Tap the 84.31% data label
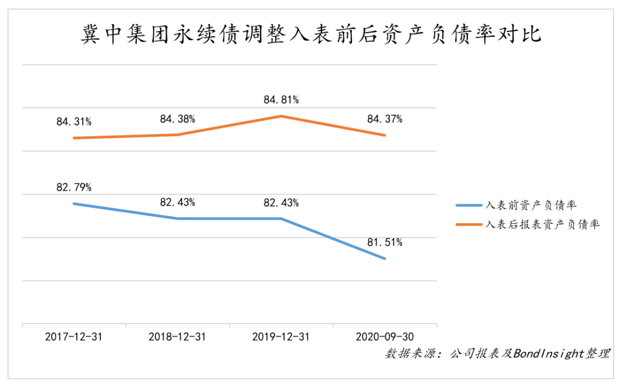[74, 122]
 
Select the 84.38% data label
[177, 119]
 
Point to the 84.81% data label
[281, 100]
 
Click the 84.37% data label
[385, 119]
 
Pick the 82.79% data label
[74, 187]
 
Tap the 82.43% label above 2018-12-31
[177, 203]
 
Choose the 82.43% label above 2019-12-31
[281, 203]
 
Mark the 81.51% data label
[385, 242]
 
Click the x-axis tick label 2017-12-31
[74, 337]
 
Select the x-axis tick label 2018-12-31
[177, 337]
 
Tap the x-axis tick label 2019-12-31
[281, 337]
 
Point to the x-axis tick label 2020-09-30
[385, 337]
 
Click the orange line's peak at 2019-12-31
[281, 116]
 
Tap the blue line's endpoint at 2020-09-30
[385, 258]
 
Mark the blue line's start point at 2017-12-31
[74, 204]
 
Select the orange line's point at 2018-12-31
[177, 135]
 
